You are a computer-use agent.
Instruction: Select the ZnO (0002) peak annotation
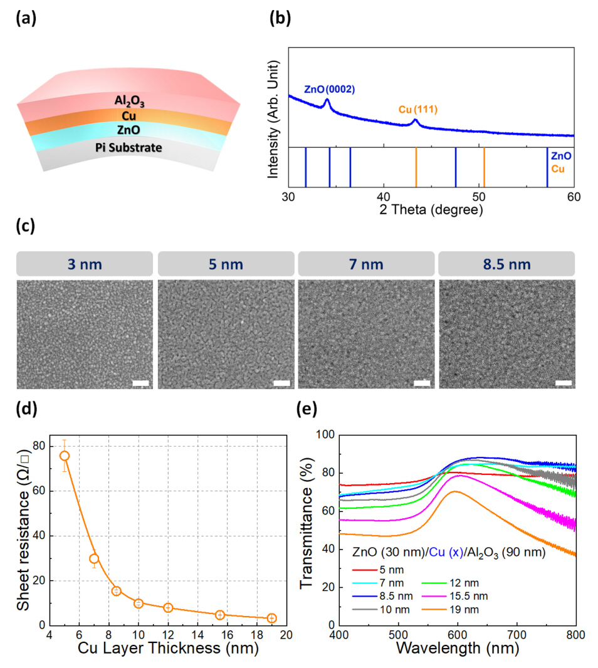click(329, 90)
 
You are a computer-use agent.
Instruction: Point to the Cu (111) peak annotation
click(417, 110)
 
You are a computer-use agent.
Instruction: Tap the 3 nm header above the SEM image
click(85, 264)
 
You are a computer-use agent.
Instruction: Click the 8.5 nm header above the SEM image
click(506, 264)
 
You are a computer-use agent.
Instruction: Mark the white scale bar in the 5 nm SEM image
click(282, 383)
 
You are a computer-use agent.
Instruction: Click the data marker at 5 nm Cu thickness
click(65, 456)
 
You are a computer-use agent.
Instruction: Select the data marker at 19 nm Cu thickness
click(271, 618)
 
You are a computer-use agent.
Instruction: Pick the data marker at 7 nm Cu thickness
click(94, 558)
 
